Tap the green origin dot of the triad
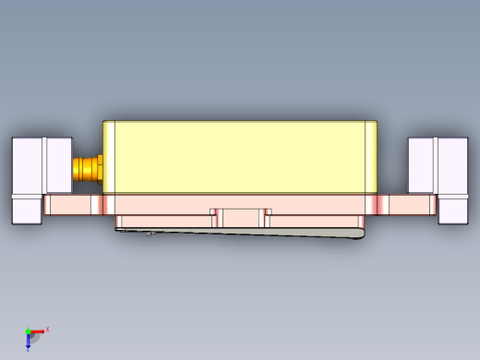pos(28,330)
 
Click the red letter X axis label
pos(47,329)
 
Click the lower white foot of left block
pos(27,211)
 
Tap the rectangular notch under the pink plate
pos(241,217)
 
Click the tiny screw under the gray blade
pos(149,234)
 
